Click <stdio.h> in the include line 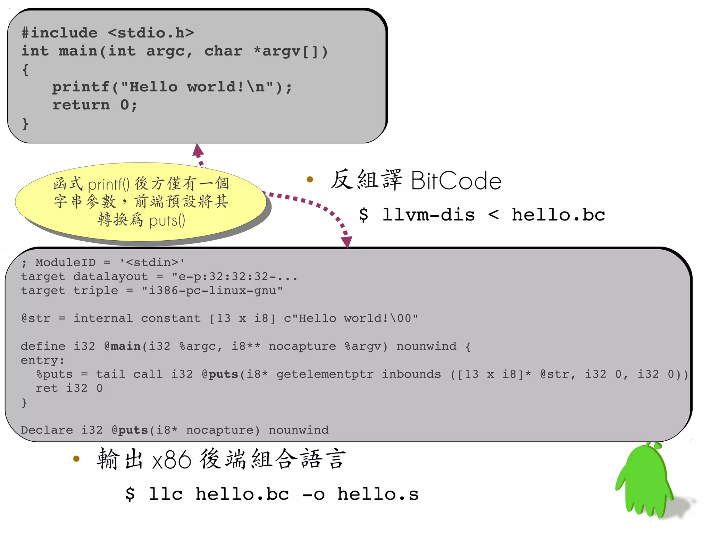[151, 33]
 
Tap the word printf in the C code [81, 87]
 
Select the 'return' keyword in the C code [81, 105]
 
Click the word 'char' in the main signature [223, 51]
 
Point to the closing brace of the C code [25, 124]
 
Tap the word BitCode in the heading [456, 181]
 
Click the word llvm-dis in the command [428, 215]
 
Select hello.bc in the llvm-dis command [558, 215]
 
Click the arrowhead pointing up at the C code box [198, 150]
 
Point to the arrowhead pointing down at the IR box [346, 241]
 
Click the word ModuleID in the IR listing [65, 263]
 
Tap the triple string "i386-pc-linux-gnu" [212, 291]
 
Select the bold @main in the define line [123, 346]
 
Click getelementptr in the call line [325, 374]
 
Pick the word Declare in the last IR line [47, 430]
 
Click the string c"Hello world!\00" [351, 318]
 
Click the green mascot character [644, 481]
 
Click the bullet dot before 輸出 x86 [76, 459]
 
